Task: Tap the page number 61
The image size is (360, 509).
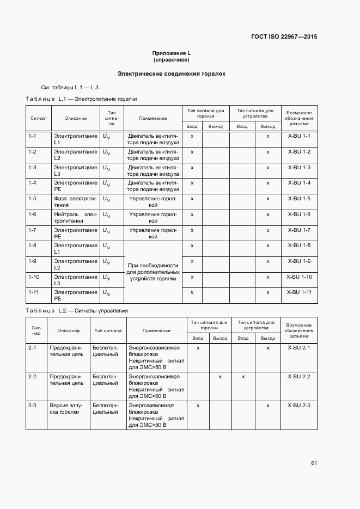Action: pos(314,463)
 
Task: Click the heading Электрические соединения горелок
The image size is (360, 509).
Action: pos(172,73)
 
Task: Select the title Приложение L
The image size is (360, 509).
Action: pos(172,53)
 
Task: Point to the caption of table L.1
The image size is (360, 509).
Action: pos(82,99)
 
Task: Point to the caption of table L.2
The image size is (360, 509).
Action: pos(77,310)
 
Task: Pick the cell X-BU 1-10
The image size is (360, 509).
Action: pos(298,277)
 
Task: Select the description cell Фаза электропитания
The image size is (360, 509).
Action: pos(75,202)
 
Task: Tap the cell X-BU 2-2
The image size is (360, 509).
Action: pos(298,377)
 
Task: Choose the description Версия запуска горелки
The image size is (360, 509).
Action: pos(65,409)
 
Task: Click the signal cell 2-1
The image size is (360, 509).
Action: pos(32,347)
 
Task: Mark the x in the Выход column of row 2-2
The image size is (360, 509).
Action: pos(220,377)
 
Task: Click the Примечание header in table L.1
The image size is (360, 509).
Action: pos(152,118)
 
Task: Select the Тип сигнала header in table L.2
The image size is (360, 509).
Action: pos(108,330)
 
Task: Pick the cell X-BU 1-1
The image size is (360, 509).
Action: pos(298,136)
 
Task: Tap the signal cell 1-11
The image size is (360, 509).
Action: pos(33,293)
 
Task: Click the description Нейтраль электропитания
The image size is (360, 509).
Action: pos(75,218)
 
